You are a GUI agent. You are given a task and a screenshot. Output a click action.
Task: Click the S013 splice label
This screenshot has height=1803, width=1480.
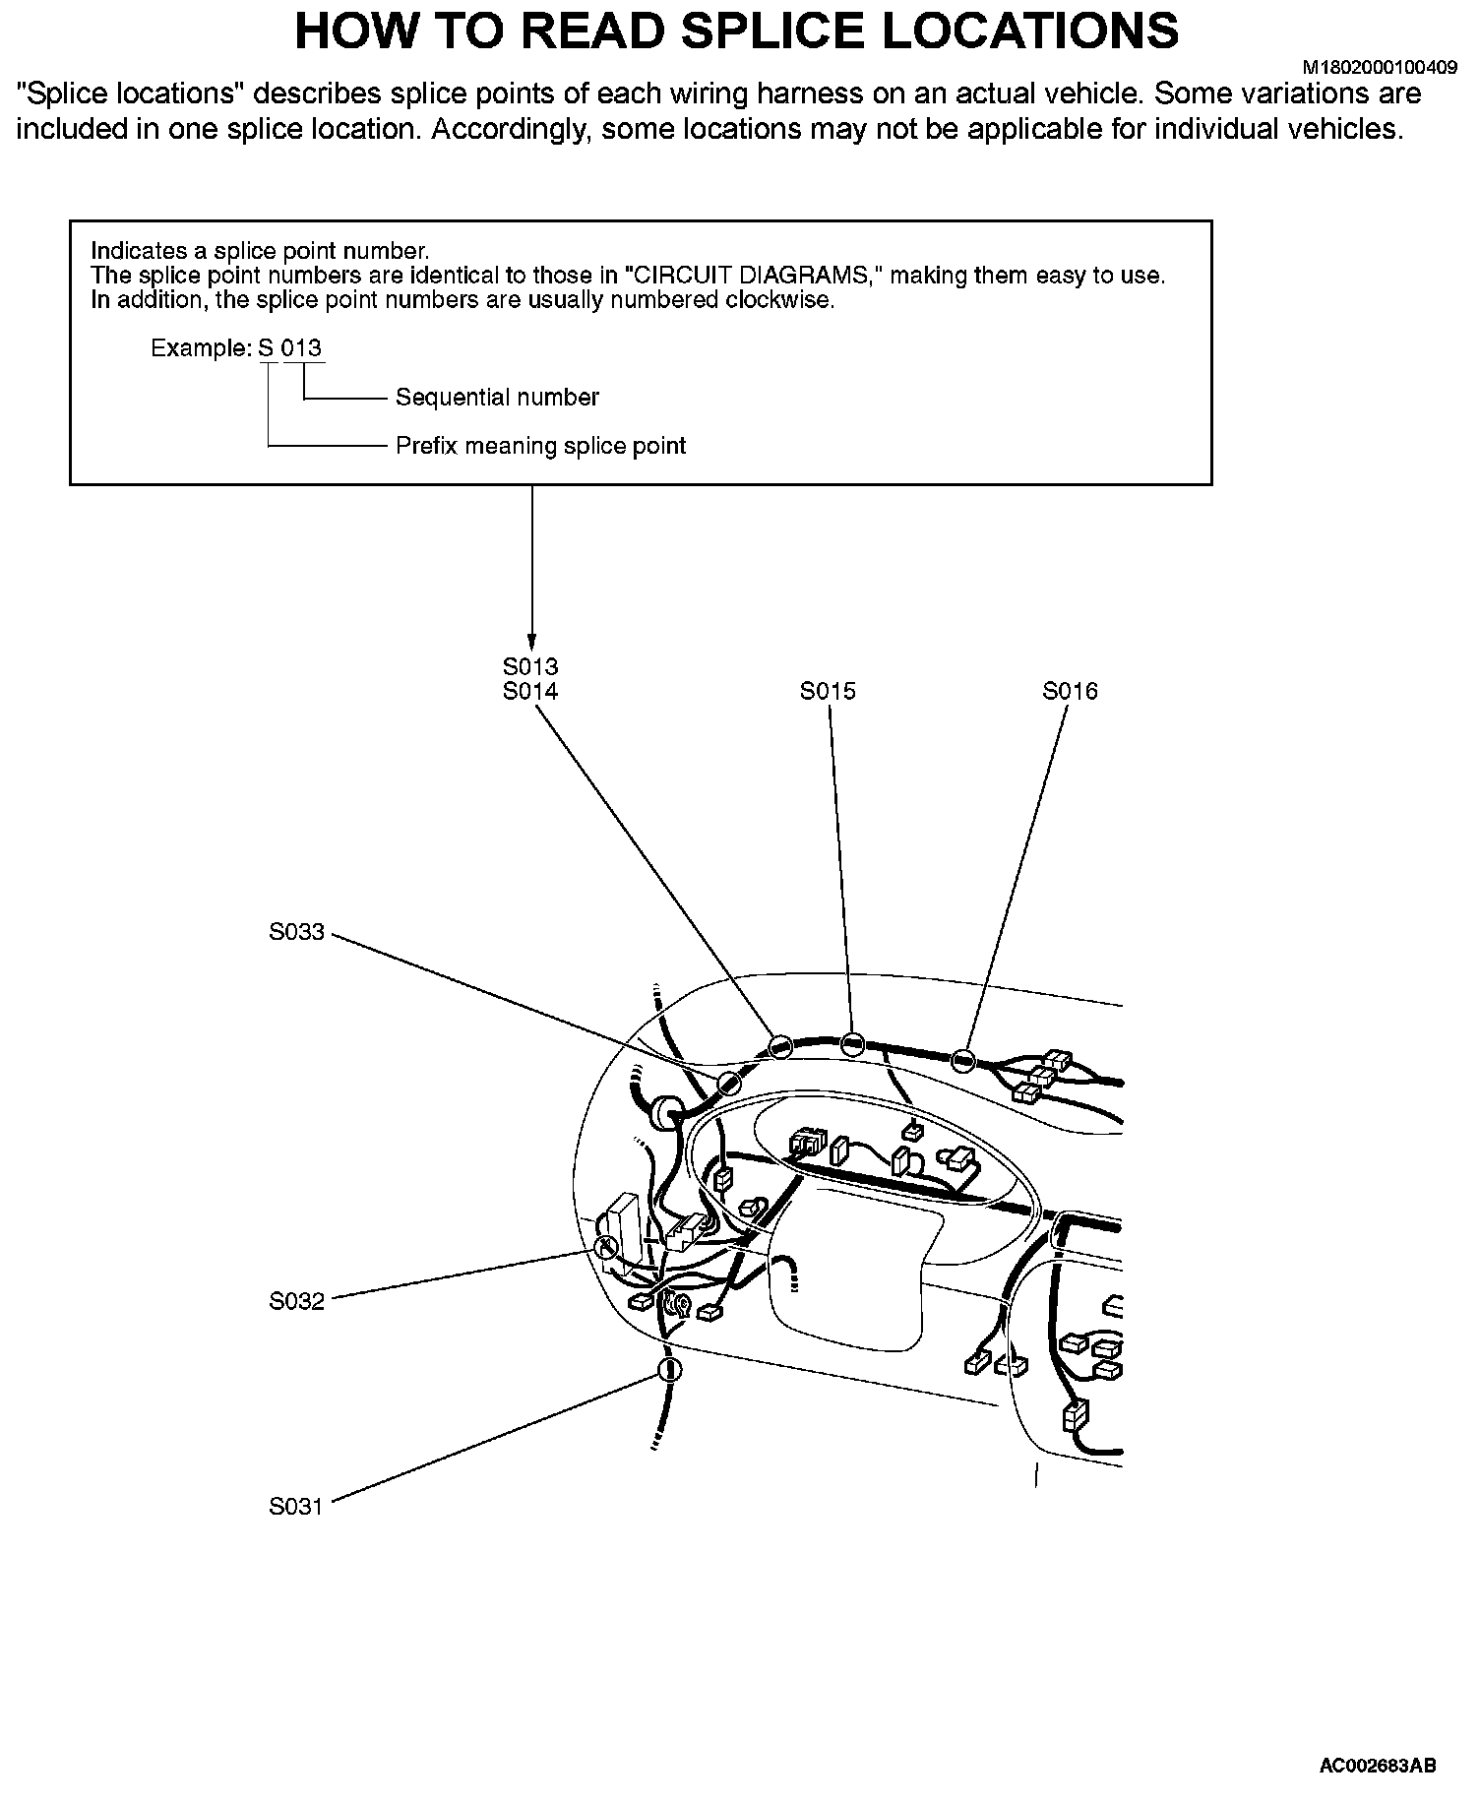point(529,667)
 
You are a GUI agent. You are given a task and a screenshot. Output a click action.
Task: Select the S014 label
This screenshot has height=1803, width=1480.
point(529,692)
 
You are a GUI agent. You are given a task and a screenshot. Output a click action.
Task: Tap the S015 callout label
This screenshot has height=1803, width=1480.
point(828,692)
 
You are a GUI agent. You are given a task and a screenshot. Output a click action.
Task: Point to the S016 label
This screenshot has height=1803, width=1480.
point(1070,692)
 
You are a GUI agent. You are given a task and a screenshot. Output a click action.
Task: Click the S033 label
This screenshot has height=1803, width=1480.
point(296,932)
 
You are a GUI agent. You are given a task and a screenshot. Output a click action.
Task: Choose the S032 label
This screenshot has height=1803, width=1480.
point(296,1302)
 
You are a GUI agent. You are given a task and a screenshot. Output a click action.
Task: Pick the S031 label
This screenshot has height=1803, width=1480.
point(296,1507)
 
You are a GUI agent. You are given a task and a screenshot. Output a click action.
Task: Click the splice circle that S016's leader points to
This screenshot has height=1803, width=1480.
point(963,1060)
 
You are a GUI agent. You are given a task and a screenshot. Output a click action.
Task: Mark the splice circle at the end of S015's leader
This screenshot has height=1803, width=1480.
point(853,1044)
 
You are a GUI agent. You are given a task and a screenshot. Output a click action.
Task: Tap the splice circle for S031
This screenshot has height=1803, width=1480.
point(669,1369)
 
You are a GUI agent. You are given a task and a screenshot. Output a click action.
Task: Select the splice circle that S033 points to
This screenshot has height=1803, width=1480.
point(729,1084)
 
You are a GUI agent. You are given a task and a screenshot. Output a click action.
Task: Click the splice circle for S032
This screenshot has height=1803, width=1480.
point(606,1248)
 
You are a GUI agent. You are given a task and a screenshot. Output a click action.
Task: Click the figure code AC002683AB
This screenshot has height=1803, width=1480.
point(1378,1766)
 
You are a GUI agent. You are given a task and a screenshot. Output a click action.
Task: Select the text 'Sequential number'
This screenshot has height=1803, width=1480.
point(497,398)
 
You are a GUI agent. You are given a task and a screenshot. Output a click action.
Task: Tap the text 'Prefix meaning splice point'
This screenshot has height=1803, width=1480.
point(540,446)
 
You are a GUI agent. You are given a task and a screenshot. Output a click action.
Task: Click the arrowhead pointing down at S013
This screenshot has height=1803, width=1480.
point(531,638)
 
